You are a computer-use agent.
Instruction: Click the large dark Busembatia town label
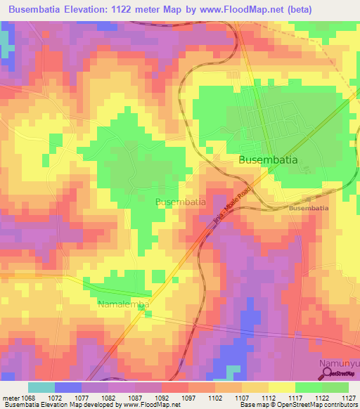[268, 160]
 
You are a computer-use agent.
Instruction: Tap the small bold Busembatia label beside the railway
[308, 209]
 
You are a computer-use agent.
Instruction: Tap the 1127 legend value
[346, 398]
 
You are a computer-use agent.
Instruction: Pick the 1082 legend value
[109, 398]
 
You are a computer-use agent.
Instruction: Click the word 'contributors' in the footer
[340, 405]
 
